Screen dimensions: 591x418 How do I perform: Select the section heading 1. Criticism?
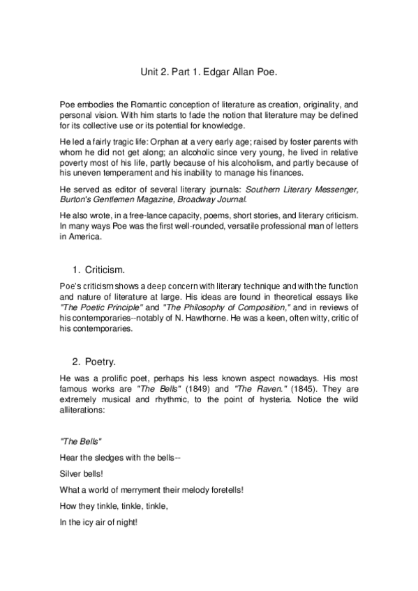click(98, 268)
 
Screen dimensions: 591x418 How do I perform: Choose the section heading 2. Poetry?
click(94, 361)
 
